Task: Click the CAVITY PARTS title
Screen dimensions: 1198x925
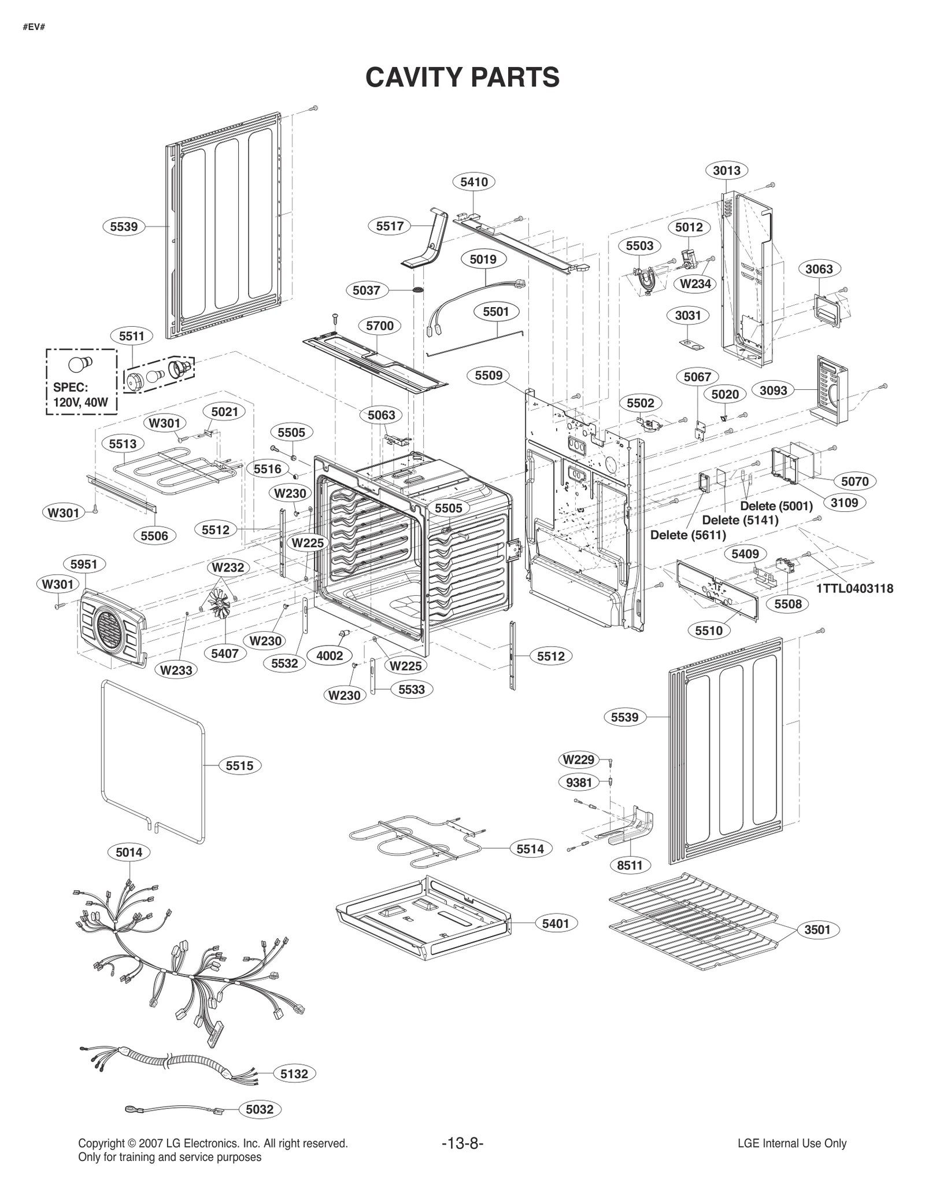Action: click(462, 77)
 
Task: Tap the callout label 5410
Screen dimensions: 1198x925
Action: click(473, 182)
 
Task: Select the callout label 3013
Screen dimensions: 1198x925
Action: click(726, 170)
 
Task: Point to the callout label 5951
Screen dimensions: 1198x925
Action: click(83, 564)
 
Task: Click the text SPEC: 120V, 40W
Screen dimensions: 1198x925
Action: click(80, 395)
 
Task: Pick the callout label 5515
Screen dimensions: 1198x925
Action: click(239, 765)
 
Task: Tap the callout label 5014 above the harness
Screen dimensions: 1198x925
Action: click(128, 851)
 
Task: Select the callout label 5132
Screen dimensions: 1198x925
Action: click(294, 1074)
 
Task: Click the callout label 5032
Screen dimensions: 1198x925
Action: click(259, 1109)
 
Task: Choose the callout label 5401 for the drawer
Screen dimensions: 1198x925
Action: click(555, 923)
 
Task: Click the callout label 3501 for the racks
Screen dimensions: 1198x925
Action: click(817, 930)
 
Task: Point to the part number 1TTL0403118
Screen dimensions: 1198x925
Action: click(854, 588)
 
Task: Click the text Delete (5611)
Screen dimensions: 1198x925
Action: click(687, 535)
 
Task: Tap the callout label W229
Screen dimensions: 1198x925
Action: click(578, 760)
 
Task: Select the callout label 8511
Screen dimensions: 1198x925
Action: click(630, 865)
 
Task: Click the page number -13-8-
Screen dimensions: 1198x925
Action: click(462, 1143)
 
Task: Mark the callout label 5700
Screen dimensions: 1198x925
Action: click(379, 326)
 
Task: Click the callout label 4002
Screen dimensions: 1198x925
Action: click(330, 655)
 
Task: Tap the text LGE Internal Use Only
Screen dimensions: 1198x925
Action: click(791, 1143)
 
